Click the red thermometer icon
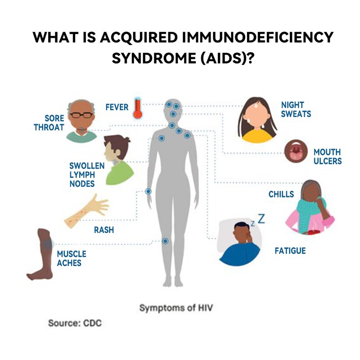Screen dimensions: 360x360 [138, 108]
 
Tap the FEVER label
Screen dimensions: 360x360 [117, 107]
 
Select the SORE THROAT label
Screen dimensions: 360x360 [49, 122]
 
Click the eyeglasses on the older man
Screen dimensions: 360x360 [81, 115]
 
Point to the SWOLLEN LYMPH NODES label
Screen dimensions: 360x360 [87, 175]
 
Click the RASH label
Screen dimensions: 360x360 [104, 230]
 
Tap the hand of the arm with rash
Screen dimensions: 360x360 [99, 204]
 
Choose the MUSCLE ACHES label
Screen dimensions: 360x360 [72, 258]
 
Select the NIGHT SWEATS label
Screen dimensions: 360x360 [296, 109]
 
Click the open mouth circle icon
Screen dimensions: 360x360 [296, 151]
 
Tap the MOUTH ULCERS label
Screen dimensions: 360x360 [328, 157]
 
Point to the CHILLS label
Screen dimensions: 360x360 [281, 194]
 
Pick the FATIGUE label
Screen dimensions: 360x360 [290, 251]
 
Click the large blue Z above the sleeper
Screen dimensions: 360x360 [261, 219]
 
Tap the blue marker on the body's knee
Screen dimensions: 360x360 [165, 241]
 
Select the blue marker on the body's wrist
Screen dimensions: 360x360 [148, 191]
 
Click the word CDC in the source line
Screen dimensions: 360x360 [92, 323]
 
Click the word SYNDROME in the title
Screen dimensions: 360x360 [154, 58]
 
